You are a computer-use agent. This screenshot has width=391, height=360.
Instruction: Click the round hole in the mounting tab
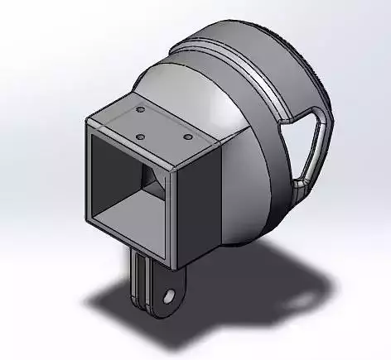click(169, 295)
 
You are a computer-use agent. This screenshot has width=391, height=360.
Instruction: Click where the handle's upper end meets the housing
click(286, 120)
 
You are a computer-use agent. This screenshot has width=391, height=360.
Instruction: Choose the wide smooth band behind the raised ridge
click(273, 50)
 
